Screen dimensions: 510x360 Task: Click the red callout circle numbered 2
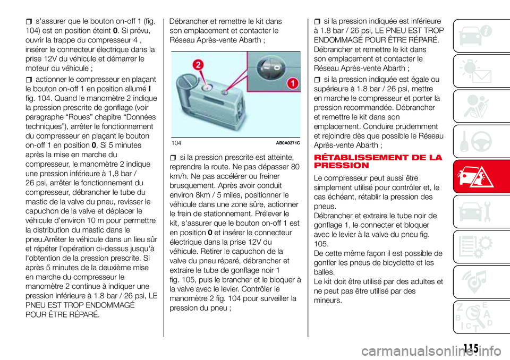(198, 65)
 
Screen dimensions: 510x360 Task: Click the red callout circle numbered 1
(293, 83)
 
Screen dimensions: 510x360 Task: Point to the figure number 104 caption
(176, 143)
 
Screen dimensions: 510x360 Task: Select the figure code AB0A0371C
(288, 143)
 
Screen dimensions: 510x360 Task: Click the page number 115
(471, 348)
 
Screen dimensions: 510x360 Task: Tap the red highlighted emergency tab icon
(478, 177)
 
